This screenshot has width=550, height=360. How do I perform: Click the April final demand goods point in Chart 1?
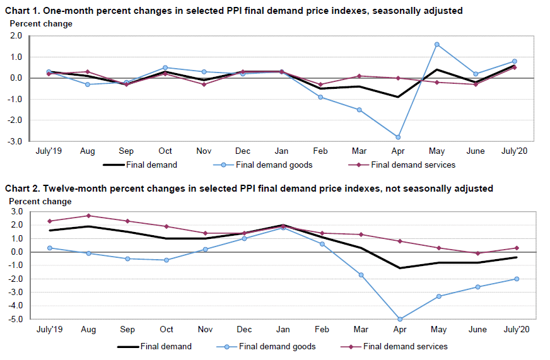click(x=398, y=137)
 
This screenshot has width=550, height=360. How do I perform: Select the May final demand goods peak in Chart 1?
click(x=436, y=44)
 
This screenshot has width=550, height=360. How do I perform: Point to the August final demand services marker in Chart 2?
click(x=88, y=216)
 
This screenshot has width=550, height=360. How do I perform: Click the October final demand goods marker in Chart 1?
click(x=165, y=67)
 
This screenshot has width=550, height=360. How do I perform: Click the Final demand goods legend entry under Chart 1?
click(x=271, y=165)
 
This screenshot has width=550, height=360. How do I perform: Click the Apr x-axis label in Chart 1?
click(x=398, y=151)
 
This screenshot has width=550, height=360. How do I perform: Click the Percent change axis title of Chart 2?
click(x=40, y=201)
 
